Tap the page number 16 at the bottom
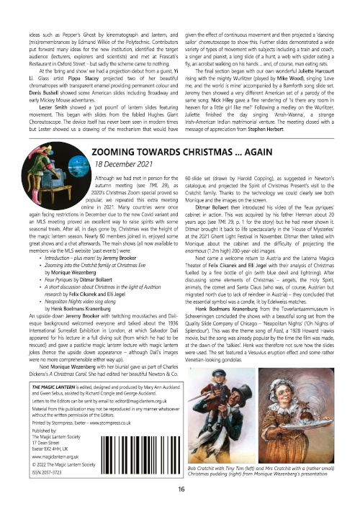pos(180,490)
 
